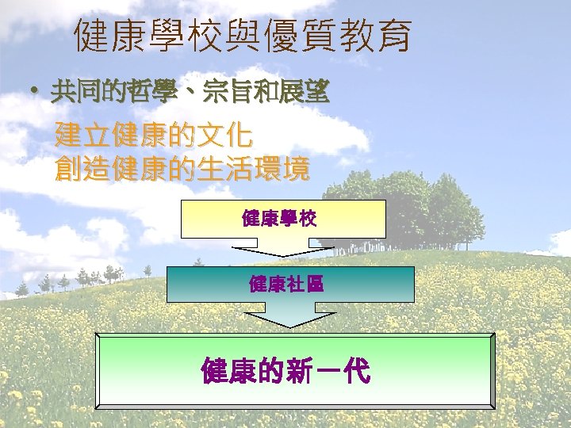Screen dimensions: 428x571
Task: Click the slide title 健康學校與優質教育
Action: [x=242, y=36]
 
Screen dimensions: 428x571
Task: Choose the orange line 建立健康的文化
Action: [x=154, y=136]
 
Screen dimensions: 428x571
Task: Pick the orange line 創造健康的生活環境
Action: [x=182, y=168]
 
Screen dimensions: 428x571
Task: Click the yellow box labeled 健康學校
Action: [x=283, y=219]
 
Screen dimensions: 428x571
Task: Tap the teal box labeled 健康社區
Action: [x=289, y=284]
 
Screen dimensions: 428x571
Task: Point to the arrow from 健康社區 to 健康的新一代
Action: [x=289, y=315]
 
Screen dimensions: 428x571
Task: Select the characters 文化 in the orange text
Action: [x=225, y=136]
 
